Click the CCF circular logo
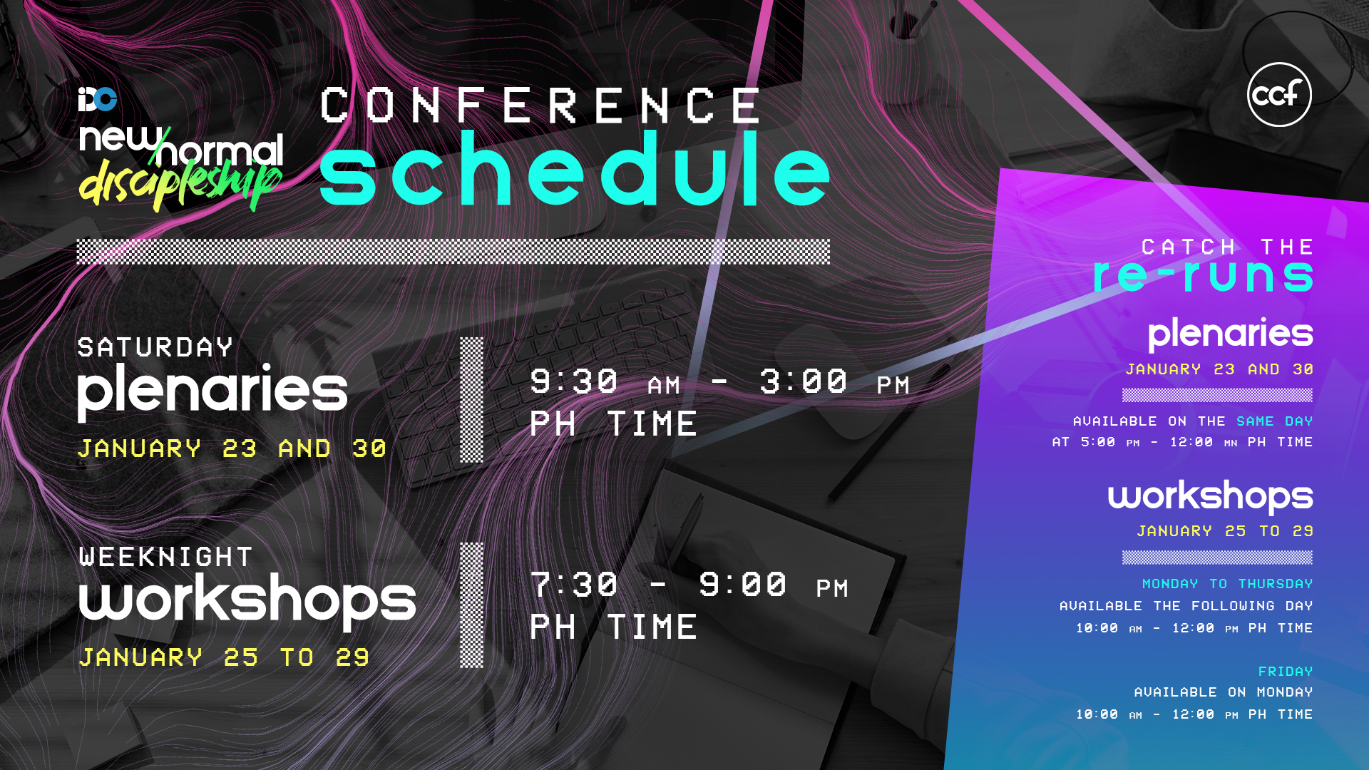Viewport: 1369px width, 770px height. (x=1279, y=94)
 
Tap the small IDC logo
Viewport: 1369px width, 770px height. (x=98, y=99)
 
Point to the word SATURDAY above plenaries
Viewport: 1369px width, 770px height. (x=155, y=347)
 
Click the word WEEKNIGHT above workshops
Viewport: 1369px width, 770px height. (x=165, y=556)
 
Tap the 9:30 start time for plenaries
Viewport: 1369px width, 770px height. (x=574, y=381)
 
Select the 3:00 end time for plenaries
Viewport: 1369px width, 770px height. (x=804, y=381)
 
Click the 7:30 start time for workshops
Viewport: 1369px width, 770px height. (x=574, y=585)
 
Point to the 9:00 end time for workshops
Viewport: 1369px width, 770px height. (x=743, y=585)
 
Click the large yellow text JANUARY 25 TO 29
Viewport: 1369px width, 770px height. (x=224, y=657)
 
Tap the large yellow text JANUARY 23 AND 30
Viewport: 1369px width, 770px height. (x=232, y=448)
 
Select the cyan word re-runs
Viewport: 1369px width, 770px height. (x=1203, y=275)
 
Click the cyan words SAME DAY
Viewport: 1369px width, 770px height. (x=1275, y=421)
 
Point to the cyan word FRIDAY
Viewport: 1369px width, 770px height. (x=1286, y=672)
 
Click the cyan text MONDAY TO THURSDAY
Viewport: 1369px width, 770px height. (x=1228, y=584)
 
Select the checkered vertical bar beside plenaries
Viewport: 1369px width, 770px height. (x=471, y=400)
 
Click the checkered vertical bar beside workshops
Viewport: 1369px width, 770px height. (x=471, y=605)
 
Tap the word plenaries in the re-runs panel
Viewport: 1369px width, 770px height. (x=1231, y=334)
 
